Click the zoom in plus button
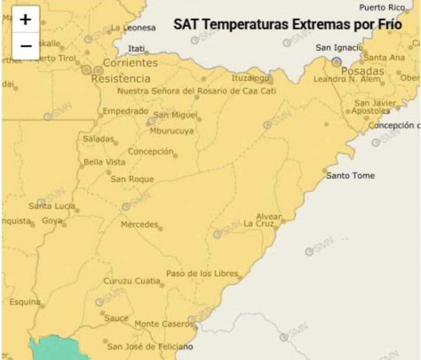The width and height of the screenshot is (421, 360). (26, 20)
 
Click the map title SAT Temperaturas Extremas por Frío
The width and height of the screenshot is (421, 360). (287, 25)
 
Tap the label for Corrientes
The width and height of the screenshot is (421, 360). (130, 63)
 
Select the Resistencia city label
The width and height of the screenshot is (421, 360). (121, 79)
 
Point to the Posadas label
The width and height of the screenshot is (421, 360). (362, 71)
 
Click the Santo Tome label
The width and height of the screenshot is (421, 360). (351, 176)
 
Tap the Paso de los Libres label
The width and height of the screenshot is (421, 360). (202, 273)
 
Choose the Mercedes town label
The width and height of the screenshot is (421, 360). (139, 225)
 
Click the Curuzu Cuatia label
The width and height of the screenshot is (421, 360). (132, 281)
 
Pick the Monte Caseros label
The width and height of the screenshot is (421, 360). (164, 324)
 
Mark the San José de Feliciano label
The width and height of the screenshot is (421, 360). (150, 346)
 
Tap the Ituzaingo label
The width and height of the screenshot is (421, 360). (250, 78)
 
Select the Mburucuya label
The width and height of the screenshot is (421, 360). (171, 131)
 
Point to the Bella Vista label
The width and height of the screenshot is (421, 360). (105, 162)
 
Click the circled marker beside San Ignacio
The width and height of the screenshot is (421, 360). (336, 62)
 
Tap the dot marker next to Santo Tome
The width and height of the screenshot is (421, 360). (324, 171)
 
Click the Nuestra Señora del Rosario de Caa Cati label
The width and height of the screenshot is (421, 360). (197, 91)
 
